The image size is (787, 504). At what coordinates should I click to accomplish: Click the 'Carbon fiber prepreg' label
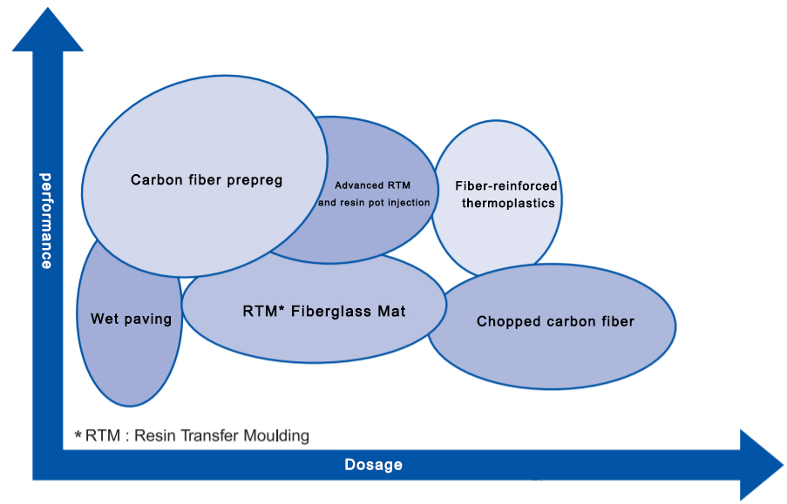point(207,180)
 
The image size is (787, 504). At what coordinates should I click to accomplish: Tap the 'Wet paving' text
point(131,319)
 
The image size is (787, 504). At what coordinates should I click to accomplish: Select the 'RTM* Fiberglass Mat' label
point(323,311)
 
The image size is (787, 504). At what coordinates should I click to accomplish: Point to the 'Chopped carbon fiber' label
point(555,321)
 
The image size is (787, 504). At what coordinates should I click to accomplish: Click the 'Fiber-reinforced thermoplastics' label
point(505,194)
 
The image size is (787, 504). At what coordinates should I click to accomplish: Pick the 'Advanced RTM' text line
point(372,185)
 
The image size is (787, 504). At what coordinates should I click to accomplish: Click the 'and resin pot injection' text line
point(374,203)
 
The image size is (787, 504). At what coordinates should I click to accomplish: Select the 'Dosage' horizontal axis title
point(373,464)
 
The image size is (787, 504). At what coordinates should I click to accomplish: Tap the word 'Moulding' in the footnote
point(277,435)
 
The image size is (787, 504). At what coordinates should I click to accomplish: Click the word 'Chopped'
point(505,321)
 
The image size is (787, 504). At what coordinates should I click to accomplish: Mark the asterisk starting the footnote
point(78,435)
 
